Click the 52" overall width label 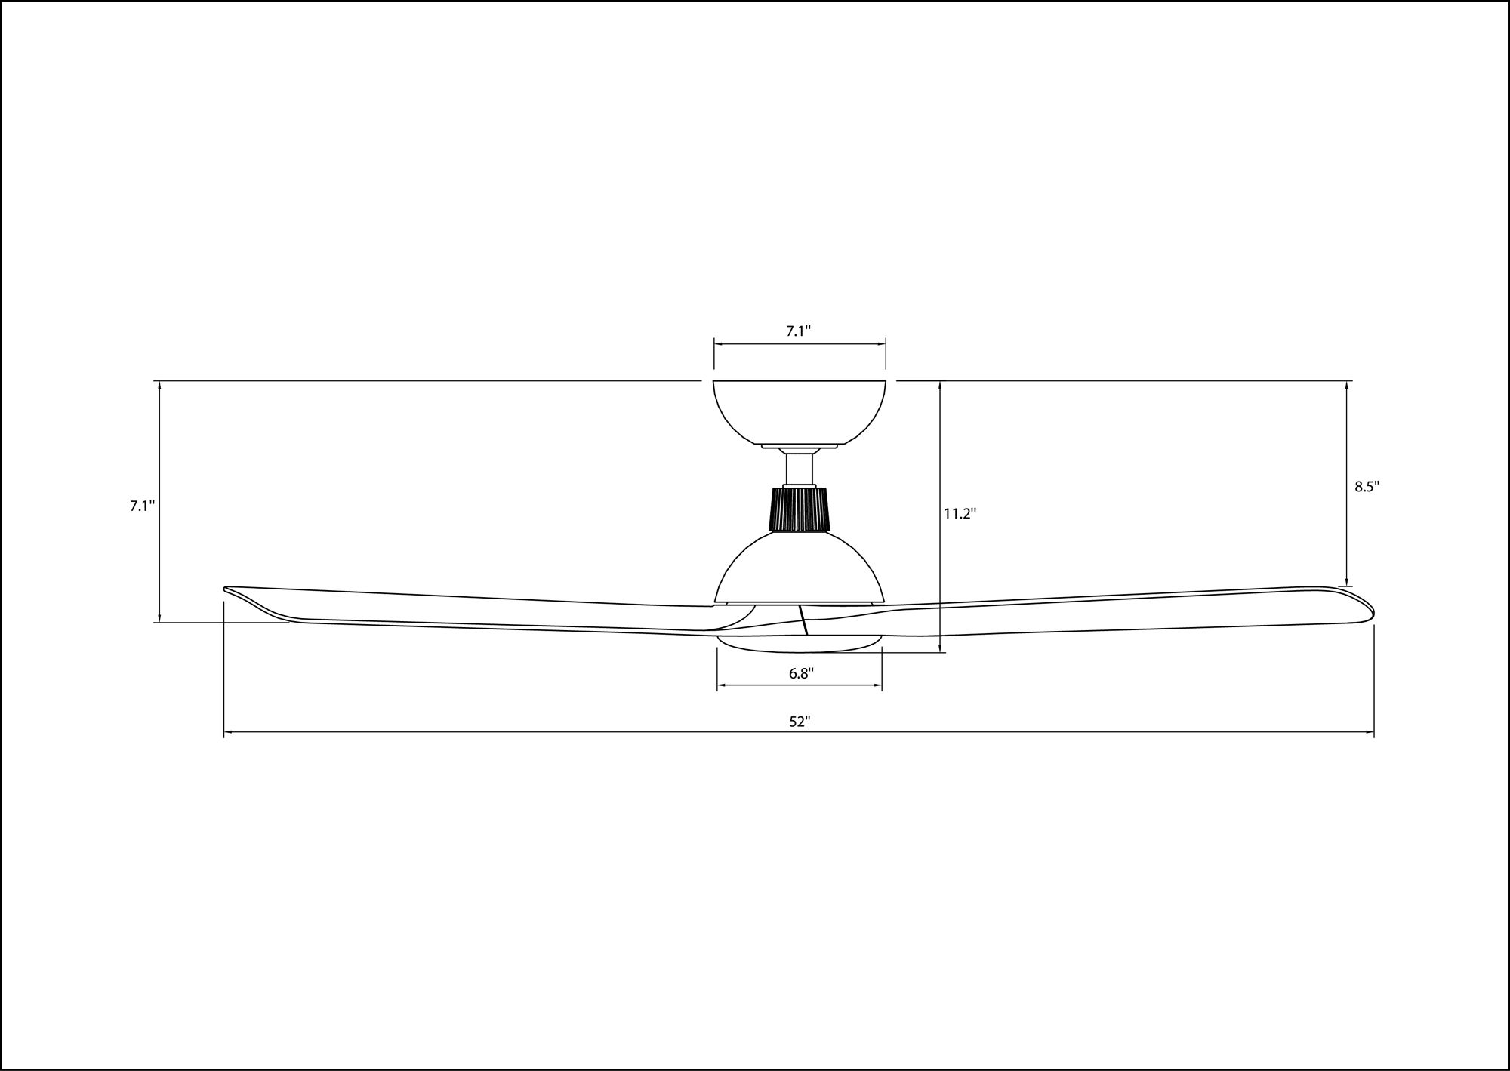click(800, 722)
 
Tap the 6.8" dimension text click(800, 674)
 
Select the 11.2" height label click(960, 514)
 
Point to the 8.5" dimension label click(1367, 487)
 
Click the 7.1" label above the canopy click(799, 331)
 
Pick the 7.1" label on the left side click(141, 506)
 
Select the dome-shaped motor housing click(800, 570)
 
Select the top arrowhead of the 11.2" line click(940, 385)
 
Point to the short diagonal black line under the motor click(804, 620)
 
